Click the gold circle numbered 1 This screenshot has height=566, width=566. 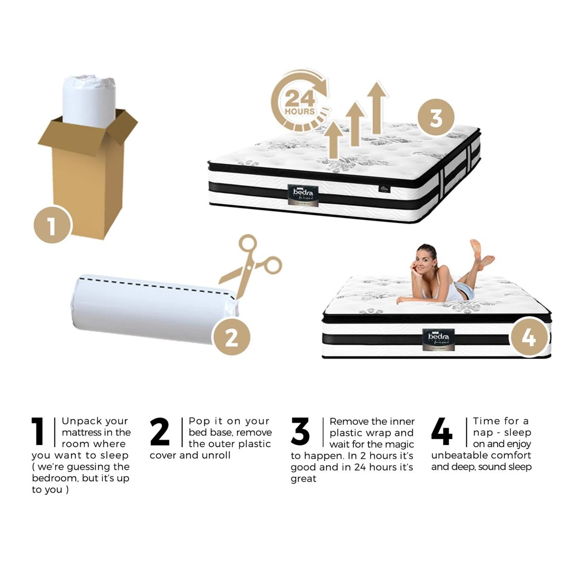tap(52, 225)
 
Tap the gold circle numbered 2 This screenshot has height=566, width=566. tap(232, 338)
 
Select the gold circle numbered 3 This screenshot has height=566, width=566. tap(435, 117)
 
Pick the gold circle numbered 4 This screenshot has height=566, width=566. tap(528, 338)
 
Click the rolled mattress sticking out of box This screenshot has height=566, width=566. tap(88, 98)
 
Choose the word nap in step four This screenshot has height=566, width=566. tap(483, 432)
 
